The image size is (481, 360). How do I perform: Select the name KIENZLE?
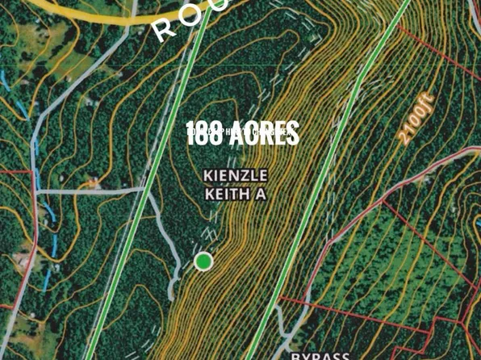(x=236, y=176)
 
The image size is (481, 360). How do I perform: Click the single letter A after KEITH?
(x=261, y=195)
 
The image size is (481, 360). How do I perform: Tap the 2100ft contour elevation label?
(x=416, y=119)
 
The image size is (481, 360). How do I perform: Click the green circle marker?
(x=203, y=261)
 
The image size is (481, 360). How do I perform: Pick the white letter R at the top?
(x=165, y=30)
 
